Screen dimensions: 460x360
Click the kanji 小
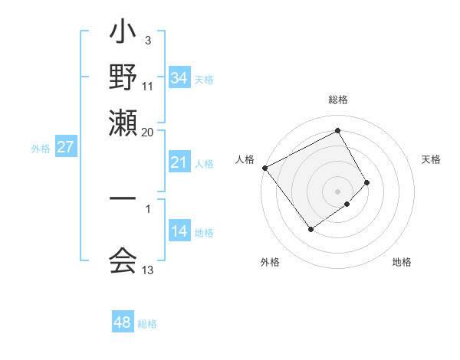click(x=123, y=35)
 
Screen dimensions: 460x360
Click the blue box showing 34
click(x=179, y=78)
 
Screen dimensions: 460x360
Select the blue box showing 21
click(x=179, y=162)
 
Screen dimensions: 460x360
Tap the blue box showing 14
click(x=179, y=231)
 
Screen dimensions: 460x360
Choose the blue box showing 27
click(x=65, y=147)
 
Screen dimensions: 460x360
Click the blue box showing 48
click(x=123, y=322)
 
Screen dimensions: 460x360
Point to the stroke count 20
click(x=147, y=132)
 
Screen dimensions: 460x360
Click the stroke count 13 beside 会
click(x=148, y=270)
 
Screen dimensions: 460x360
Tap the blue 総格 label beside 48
click(x=147, y=324)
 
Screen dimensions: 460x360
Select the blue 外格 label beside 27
click(x=40, y=149)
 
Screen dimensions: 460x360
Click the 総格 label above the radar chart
click(x=337, y=100)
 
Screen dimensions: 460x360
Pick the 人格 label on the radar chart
click(x=245, y=159)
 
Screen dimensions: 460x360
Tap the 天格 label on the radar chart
click(x=431, y=159)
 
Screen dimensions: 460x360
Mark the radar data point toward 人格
click(x=264, y=168)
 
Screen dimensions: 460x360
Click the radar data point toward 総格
click(x=337, y=131)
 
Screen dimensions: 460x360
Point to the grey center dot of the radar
click(x=337, y=191)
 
